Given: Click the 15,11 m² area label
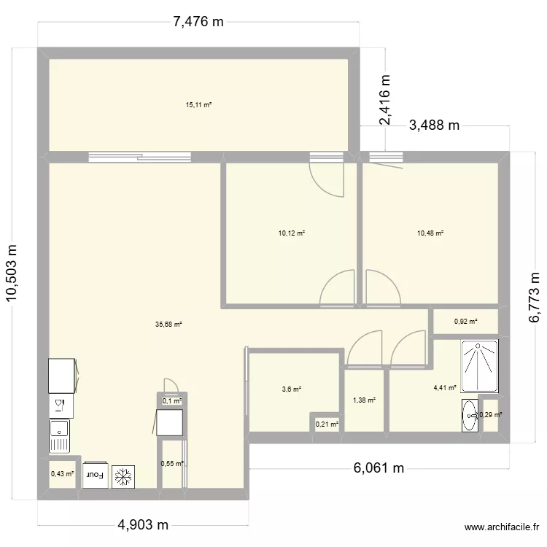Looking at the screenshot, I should click(198, 105).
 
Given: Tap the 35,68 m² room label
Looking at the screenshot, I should click(168, 325).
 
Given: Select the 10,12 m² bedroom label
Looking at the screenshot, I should click(291, 233).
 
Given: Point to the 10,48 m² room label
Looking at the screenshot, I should click(430, 233).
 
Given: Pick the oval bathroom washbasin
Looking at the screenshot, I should click(469, 416).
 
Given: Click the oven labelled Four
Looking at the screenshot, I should click(95, 475).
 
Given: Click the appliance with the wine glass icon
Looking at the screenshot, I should click(59, 403).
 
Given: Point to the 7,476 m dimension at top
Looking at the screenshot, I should click(198, 23).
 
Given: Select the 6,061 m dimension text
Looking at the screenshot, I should click(379, 468).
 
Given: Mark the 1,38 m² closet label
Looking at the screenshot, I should click(364, 400).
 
